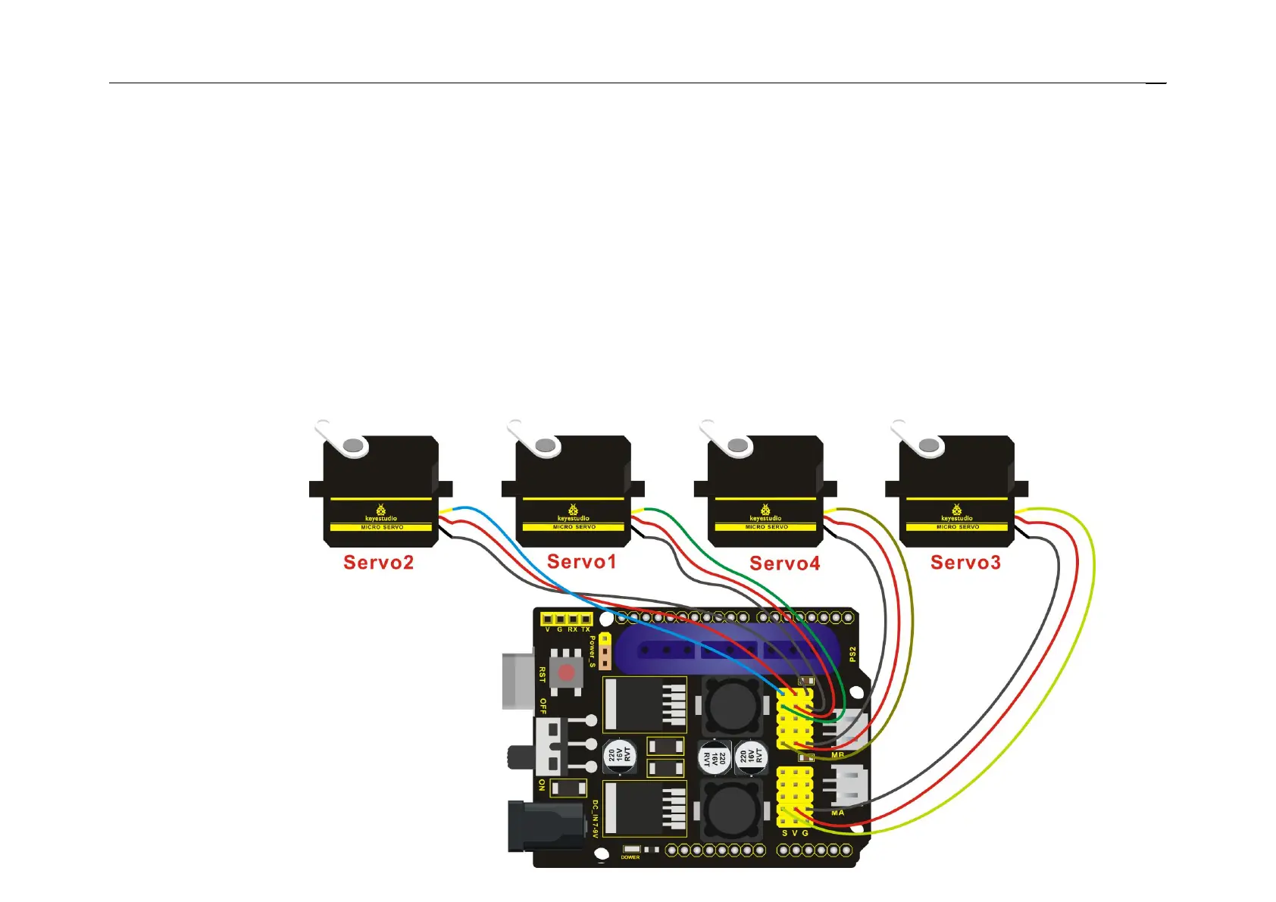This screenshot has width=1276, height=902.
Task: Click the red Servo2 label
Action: coord(378,563)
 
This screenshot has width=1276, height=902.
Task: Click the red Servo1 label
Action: coord(581,562)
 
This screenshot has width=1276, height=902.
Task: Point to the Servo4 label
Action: coord(784,563)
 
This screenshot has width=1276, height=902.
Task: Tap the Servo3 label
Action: coord(965,563)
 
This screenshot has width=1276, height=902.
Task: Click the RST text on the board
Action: coord(543,674)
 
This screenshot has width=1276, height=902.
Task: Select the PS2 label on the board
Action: coord(852,654)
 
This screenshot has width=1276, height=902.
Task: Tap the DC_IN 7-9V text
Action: coord(595,819)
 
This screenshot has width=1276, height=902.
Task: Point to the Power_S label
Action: coord(593,651)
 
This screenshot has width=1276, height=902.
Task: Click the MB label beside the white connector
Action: coord(837,755)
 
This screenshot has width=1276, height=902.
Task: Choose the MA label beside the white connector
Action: coord(837,813)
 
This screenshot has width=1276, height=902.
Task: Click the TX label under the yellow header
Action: coord(586,629)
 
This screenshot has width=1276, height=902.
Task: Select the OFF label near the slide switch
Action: coord(543,707)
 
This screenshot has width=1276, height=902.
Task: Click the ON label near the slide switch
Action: coord(542,785)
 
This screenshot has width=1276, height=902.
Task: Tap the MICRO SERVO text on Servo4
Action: coord(766,527)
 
